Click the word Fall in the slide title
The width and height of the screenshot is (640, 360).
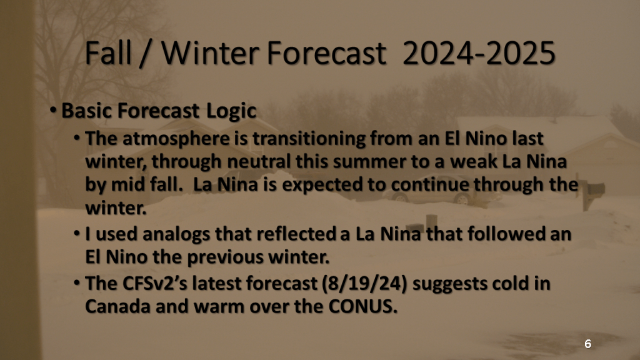tap(109, 53)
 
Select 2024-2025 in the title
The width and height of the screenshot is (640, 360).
tap(479, 53)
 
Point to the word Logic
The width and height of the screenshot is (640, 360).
tap(231, 111)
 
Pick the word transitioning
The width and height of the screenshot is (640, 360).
tap(309, 139)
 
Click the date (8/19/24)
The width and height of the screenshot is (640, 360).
tap(364, 284)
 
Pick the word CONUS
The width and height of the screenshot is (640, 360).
tap(362, 306)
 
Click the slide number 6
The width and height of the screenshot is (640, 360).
tap(587, 344)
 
